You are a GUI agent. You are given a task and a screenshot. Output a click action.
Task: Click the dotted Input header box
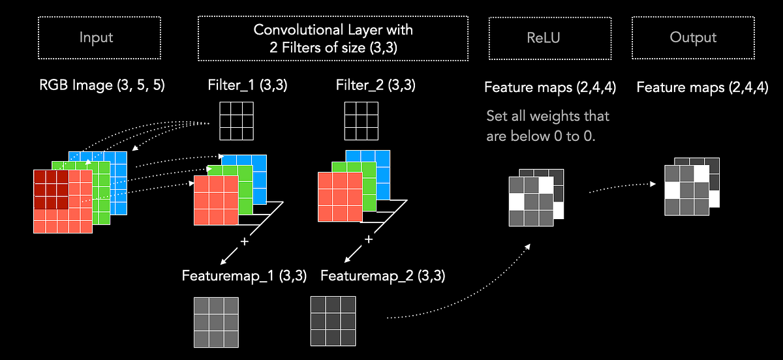pos(96,38)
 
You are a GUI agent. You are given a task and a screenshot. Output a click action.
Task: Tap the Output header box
pos(693,38)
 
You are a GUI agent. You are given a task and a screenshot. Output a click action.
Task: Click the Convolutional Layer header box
pos(333,38)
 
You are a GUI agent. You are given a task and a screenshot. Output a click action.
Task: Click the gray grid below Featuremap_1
pos(216,322)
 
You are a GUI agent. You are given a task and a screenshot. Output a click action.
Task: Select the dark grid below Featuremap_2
pos(333,321)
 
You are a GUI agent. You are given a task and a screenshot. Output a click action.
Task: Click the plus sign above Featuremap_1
pos(245,241)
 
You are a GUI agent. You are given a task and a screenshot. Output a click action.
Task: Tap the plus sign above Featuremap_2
pos(368,239)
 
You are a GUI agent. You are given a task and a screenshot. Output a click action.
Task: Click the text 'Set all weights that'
pos(547,116)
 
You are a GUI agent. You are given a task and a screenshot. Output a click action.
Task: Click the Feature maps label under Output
pos(702,87)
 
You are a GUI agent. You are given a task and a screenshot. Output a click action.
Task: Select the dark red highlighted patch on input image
pos(52,189)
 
